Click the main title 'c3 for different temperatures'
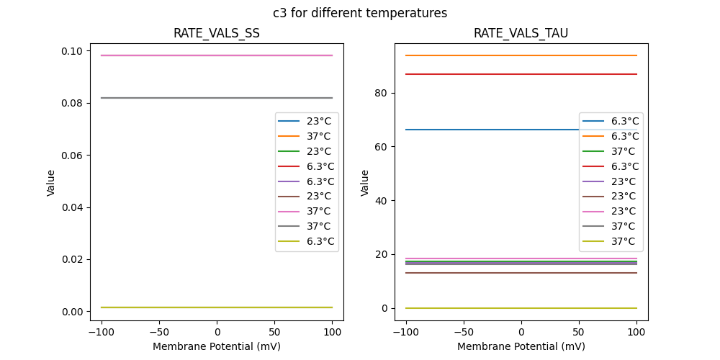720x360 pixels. click(360, 13)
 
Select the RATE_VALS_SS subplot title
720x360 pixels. click(217, 33)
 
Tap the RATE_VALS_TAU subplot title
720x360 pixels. click(521, 33)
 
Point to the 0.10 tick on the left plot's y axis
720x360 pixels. click(73, 51)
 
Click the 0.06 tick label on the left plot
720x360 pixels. click(73, 156)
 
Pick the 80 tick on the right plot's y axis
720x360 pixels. click(382, 93)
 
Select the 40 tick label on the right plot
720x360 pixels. click(382, 200)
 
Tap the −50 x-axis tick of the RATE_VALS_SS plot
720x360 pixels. click(159, 332)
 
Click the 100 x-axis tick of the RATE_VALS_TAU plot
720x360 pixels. click(636, 332)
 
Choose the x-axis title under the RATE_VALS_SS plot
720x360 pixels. click(217, 346)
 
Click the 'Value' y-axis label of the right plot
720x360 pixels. click(365, 183)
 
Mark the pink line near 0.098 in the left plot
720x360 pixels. click(180, 55)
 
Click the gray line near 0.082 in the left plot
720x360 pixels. click(180, 98)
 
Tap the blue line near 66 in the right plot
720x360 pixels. click(490, 130)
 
